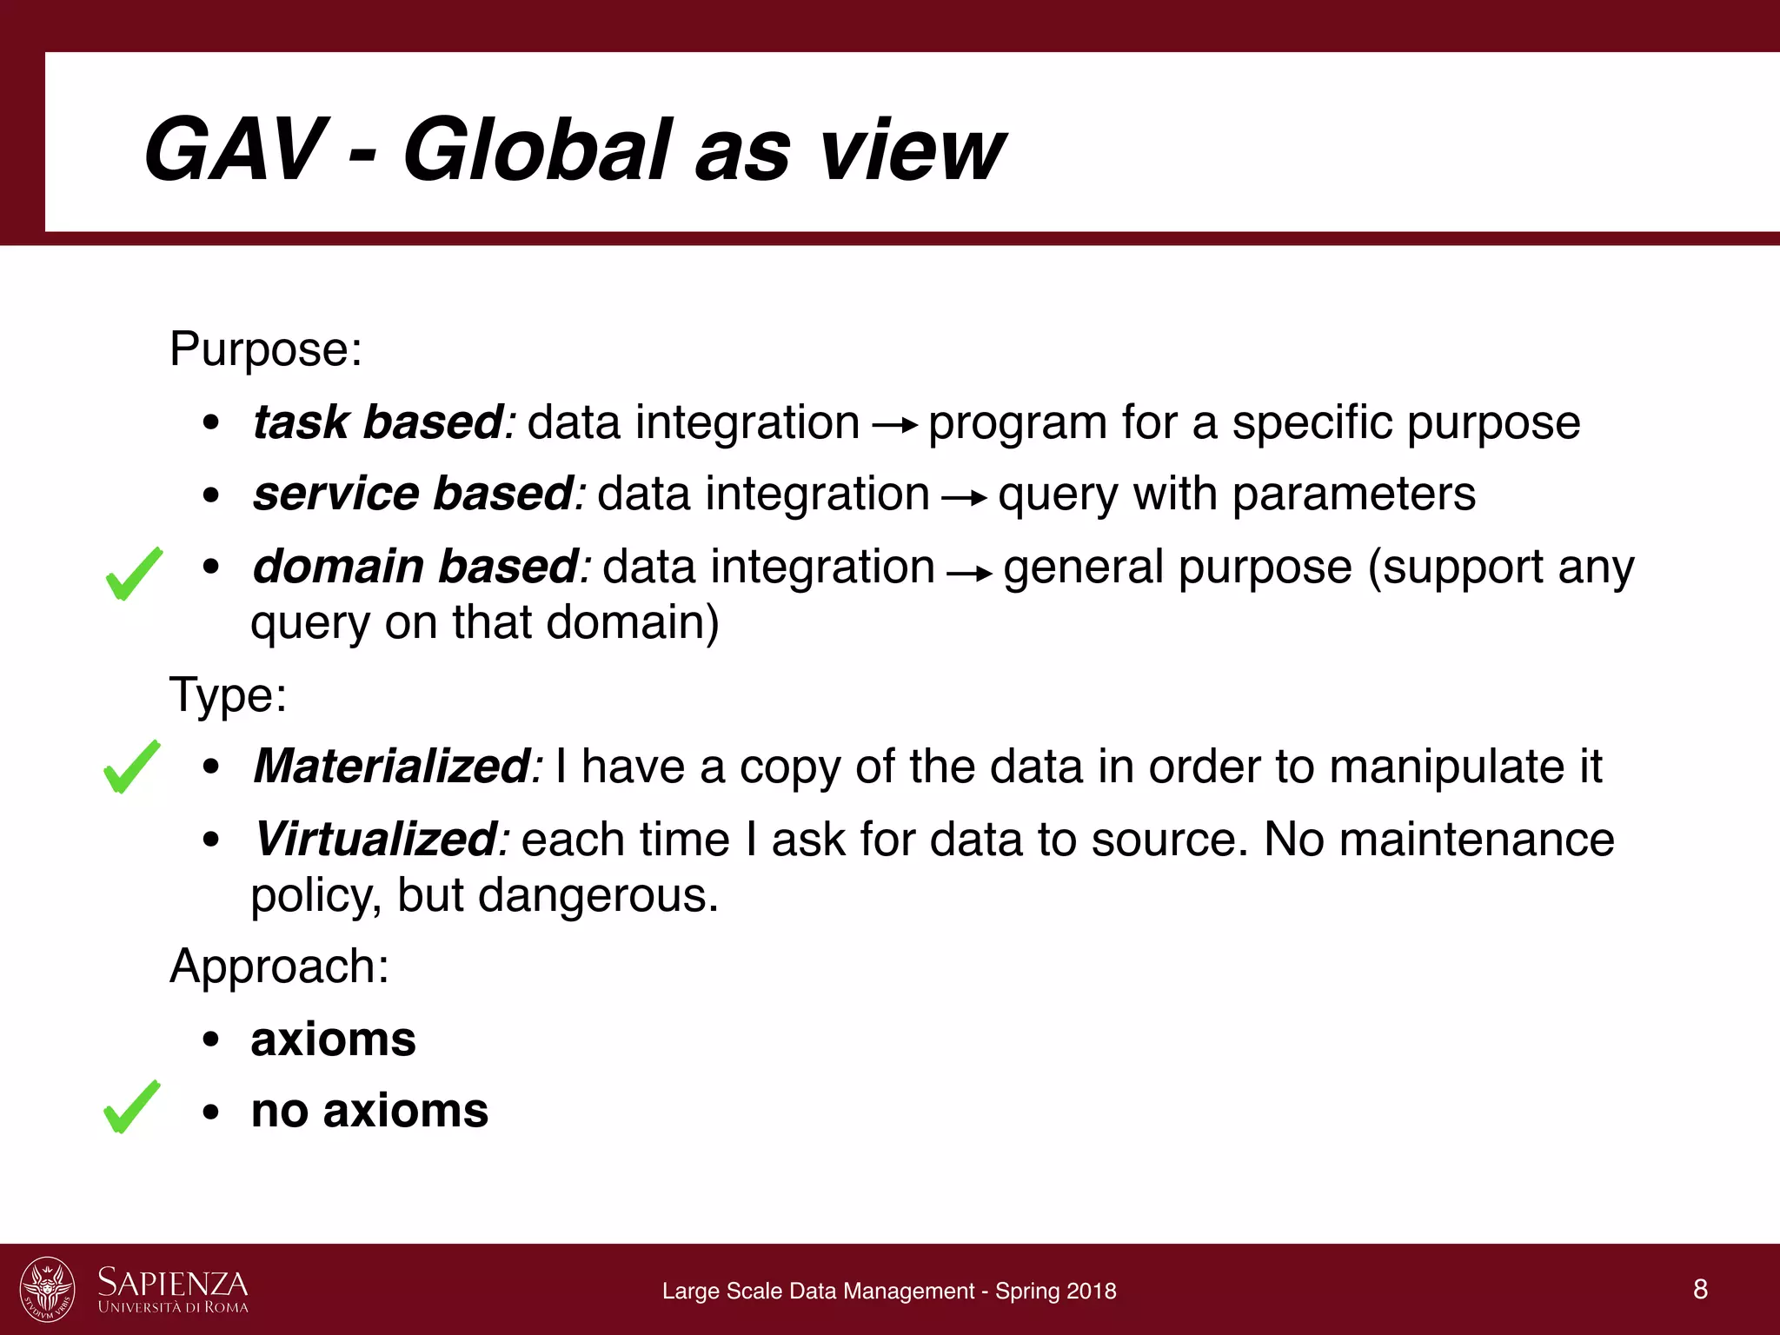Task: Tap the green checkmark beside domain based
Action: (133, 575)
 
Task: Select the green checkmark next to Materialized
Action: (131, 767)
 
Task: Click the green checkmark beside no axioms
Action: (131, 1107)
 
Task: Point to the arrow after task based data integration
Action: (894, 426)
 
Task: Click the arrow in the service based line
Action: (964, 498)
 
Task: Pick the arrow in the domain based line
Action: (969, 573)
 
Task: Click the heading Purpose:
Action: (265, 350)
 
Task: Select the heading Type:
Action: (228, 695)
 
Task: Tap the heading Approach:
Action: (279, 966)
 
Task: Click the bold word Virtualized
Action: (375, 840)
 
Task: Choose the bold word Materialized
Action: (392, 767)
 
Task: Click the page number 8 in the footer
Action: (1700, 1289)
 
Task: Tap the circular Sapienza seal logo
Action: (47, 1289)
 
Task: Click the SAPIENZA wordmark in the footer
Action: (172, 1283)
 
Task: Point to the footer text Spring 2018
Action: (1055, 1292)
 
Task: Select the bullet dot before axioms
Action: (210, 1040)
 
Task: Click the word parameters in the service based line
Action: (1353, 495)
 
